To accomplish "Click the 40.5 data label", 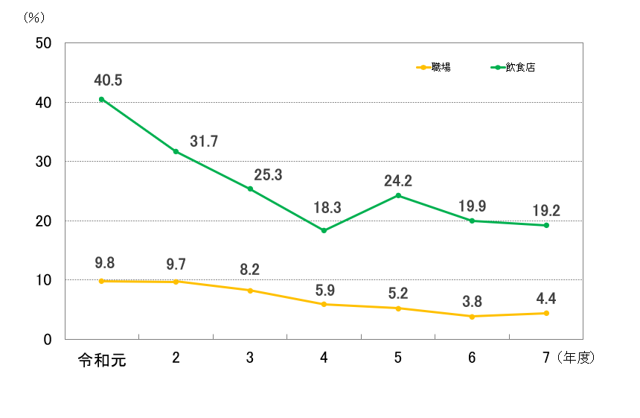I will coord(109,80).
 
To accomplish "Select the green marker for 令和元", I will coord(102,99).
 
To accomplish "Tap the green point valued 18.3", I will coord(324,230).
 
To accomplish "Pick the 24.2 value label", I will coord(398,180).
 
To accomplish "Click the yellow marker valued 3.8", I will coord(472,317).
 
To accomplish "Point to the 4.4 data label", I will coord(545,299).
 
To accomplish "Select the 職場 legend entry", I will coord(435,67).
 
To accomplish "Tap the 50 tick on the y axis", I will coord(43,43).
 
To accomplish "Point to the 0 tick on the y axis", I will coord(47,339).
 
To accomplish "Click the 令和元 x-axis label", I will coord(102,359).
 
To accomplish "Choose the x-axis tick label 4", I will coord(324,358).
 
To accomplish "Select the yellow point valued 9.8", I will coord(102,281).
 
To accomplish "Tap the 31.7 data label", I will coord(203,142).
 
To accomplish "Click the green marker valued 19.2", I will coord(545,225).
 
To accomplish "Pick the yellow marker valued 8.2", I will coord(250,291).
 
